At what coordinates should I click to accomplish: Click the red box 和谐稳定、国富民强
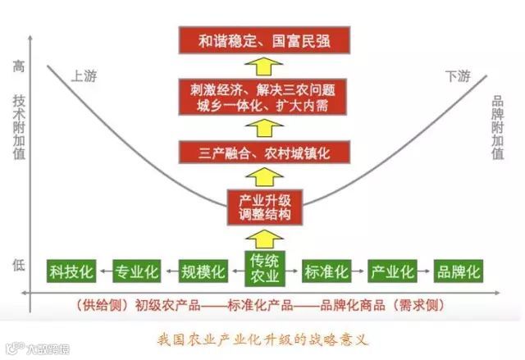click(263, 40)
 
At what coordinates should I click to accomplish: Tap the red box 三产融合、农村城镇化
click(263, 153)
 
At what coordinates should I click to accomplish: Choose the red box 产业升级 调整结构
click(263, 207)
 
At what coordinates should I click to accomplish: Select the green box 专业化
click(137, 271)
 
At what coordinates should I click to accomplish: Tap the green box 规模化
click(201, 271)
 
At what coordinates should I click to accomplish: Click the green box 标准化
click(327, 271)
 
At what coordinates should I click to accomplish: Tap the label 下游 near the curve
click(458, 76)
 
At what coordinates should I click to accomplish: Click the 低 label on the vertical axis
click(19, 264)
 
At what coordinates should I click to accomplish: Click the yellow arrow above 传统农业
click(263, 237)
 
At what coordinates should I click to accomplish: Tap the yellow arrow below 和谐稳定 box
click(263, 66)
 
